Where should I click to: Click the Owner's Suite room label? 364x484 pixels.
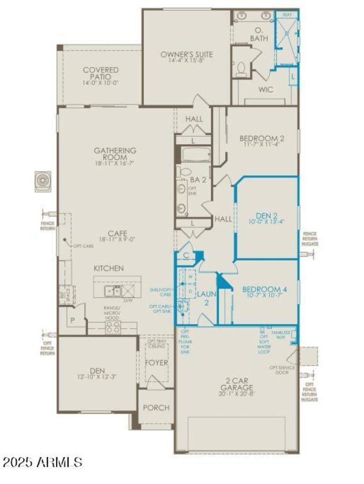click(x=187, y=55)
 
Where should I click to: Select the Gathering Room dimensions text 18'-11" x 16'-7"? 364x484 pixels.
click(x=115, y=163)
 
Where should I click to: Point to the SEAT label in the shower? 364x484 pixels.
click(x=287, y=15)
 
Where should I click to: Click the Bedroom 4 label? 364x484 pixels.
click(x=264, y=289)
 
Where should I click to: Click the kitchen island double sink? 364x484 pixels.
click(x=111, y=290)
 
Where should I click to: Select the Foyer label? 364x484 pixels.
click(x=156, y=363)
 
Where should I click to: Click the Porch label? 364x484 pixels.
click(x=156, y=408)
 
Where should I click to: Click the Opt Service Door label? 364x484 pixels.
click(x=282, y=369)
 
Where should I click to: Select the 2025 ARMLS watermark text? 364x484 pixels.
click(x=42, y=462)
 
